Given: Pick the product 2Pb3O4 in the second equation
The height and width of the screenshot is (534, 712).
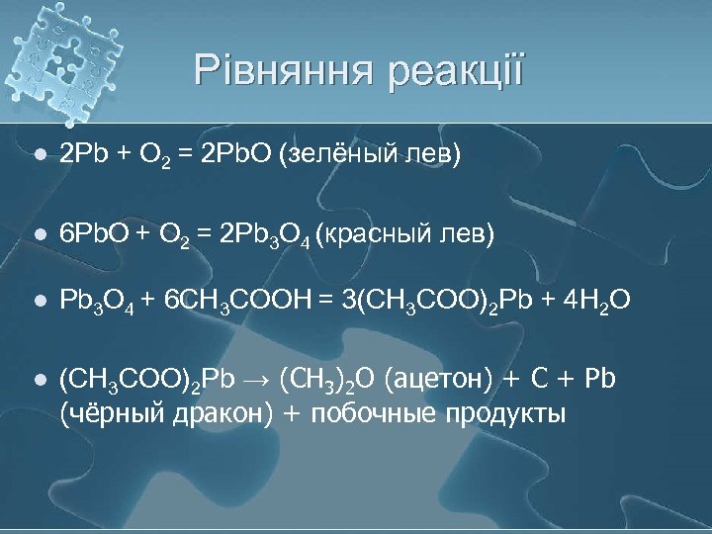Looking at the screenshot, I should tap(263, 234).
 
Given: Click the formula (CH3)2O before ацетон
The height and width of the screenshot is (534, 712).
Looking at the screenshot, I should tap(325, 378).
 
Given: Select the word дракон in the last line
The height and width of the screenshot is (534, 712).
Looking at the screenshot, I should tap(214, 411).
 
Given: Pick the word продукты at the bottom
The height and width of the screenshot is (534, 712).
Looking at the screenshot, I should tap(508, 411).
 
